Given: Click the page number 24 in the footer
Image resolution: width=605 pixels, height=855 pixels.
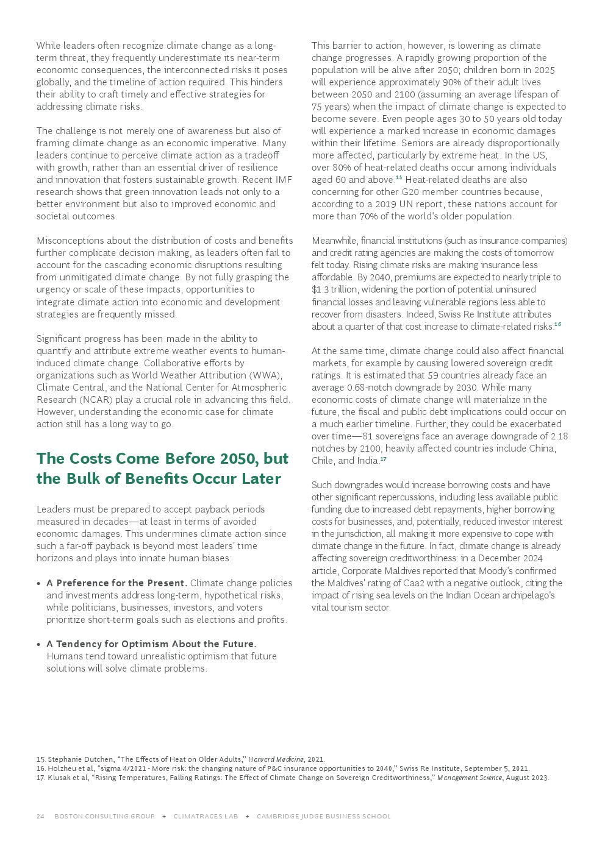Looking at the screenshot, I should coord(40,816).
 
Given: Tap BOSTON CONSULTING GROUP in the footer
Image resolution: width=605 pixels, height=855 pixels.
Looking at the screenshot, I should coord(104,816).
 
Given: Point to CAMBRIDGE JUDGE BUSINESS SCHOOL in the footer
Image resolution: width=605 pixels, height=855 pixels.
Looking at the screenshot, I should coord(323,816).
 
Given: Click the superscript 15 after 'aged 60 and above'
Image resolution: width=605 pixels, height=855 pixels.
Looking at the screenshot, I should coord(399,177).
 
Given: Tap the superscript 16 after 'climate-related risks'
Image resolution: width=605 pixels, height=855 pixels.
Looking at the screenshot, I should coord(557,324).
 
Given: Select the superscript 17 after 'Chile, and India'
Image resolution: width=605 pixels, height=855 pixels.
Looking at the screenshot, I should coord(383,459).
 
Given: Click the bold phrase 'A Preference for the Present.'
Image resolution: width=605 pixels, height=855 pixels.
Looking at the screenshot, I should coord(117,583).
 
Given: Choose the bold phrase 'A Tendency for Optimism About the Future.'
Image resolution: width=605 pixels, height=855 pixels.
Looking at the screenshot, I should coord(151,644).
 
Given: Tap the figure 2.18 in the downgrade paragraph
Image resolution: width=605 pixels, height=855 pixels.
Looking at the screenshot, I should coord(559,436).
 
